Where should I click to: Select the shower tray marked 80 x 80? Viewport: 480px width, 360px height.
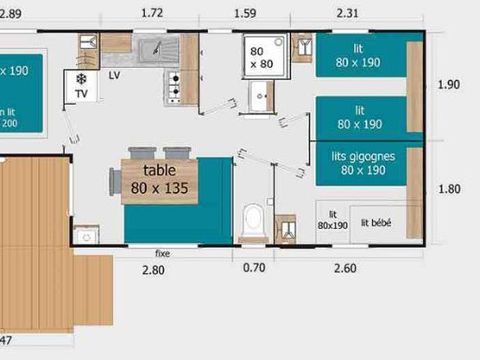[x=261, y=56]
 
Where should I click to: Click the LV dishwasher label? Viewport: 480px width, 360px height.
[x=115, y=75]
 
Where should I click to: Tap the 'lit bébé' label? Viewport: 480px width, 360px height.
[x=378, y=223]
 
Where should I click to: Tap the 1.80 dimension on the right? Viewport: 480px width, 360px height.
[x=450, y=188]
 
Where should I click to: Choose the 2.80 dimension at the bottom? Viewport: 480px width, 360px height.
[x=152, y=271]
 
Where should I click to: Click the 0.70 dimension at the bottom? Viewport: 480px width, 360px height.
[x=254, y=271]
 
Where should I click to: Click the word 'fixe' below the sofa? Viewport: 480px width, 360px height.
[x=163, y=253]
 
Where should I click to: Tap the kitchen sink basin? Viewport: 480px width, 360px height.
[x=156, y=50]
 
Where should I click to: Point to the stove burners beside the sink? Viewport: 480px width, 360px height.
[x=175, y=87]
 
